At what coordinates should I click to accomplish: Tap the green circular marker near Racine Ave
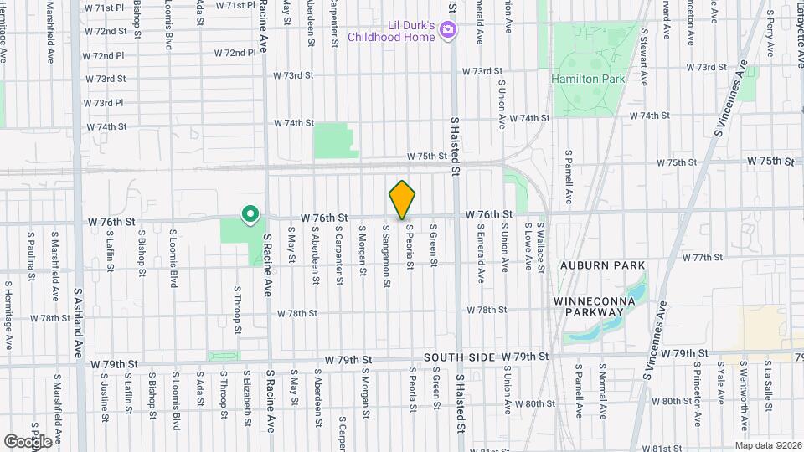(250, 215)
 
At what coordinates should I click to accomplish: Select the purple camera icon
(448, 31)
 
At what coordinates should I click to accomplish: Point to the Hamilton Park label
(589, 79)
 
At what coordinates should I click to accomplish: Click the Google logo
(28, 440)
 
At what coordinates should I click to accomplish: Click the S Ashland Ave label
(77, 322)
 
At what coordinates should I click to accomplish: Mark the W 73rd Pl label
(104, 103)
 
